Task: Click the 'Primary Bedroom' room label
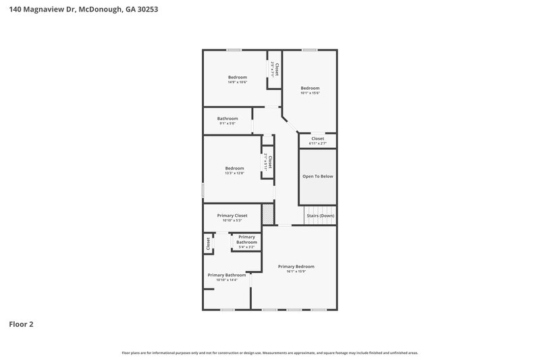click(296, 266)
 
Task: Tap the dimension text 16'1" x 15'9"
click(296, 272)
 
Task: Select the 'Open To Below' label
click(317, 176)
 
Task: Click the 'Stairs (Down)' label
click(320, 215)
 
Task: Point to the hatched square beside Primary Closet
click(268, 215)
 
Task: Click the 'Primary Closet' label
click(232, 215)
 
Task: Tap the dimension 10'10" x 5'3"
click(232, 221)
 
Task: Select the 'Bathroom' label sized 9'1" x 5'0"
click(227, 118)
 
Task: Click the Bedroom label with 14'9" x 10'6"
click(237, 77)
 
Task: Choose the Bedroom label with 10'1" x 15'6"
click(310, 88)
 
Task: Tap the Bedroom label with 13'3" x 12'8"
click(234, 168)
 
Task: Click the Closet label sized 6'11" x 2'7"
click(317, 138)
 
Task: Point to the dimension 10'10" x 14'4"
click(226, 280)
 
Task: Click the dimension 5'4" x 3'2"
click(246, 247)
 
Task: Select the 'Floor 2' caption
click(21, 324)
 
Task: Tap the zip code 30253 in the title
click(147, 10)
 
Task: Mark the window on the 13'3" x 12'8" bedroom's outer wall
click(203, 190)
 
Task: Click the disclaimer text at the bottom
click(270, 353)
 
